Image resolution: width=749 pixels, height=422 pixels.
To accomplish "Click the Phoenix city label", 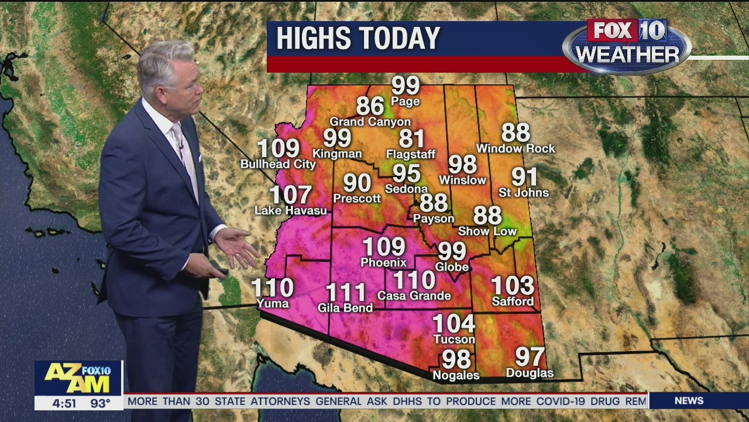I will click(384, 263).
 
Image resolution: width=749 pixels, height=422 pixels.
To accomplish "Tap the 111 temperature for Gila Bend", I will click(346, 292).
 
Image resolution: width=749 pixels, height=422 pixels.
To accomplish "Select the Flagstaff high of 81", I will click(411, 139).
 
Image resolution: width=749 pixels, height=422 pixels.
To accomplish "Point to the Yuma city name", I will click(273, 304).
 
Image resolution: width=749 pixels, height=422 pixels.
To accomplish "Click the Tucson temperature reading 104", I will click(454, 324).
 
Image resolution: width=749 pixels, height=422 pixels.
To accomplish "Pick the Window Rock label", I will click(516, 149).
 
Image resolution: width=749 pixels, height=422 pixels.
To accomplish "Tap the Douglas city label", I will click(530, 373).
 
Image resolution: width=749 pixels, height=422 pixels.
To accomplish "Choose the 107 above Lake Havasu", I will click(290, 195).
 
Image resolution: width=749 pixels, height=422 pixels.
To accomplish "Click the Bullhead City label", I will click(278, 165).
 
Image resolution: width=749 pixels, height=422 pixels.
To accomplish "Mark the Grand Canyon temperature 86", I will click(370, 106).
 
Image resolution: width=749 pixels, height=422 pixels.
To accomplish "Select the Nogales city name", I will click(456, 375).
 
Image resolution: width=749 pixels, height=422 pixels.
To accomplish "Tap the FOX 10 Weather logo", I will click(627, 46).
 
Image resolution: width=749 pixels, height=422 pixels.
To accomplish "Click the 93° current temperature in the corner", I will click(100, 403).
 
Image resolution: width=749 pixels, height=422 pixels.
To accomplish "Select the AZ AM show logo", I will click(78, 380).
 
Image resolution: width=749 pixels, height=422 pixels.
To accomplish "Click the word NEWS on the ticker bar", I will click(689, 401).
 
